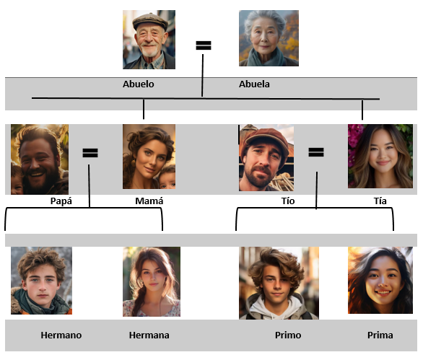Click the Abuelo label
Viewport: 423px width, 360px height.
tap(139, 84)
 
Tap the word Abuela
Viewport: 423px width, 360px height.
tap(254, 84)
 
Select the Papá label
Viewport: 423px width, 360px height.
tap(61, 201)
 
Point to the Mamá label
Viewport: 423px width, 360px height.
tap(149, 201)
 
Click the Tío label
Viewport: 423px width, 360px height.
tap(288, 201)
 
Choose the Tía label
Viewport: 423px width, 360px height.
tap(380, 201)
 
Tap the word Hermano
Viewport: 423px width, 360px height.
tap(61, 335)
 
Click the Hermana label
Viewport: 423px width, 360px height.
tap(149, 335)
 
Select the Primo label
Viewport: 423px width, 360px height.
tap(288, 335)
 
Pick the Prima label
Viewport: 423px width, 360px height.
tap(380, 335)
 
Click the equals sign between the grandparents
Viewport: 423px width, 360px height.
tap(204, 45)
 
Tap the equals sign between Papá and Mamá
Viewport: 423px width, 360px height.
tap(90, 153)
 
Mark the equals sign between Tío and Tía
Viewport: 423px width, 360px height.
tap(316, 152)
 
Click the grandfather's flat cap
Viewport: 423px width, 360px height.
tap(150, 21)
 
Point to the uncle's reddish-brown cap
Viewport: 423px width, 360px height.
tap(264, 139)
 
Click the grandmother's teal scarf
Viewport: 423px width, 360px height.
tap(266, 58)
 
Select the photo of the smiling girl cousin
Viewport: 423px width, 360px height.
tap(380, 280)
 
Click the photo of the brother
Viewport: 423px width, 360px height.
tap(41, 281)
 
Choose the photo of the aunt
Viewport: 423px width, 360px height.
tap(380, 156)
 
